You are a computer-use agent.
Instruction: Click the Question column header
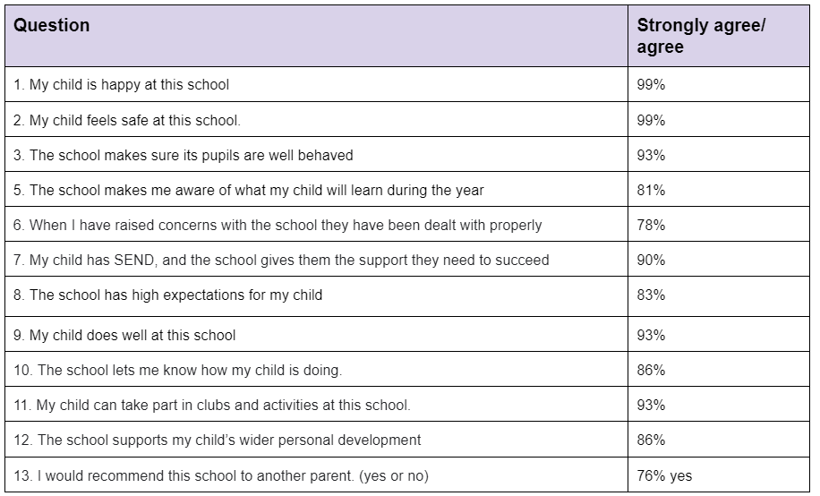[51, 25]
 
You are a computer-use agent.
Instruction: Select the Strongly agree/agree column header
[701, 36]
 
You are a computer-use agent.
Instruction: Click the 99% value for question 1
[651, 85]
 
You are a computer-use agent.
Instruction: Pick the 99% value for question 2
[651, 120]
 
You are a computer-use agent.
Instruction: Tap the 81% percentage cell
[651, 190]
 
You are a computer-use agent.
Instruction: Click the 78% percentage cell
[651, 225]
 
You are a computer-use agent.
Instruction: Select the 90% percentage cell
[651, 260]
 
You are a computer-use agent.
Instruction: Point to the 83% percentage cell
[651, 295]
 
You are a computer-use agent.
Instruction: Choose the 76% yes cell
[664, 475]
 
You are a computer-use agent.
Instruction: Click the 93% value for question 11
[651, 405]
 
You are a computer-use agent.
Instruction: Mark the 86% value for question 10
[651, 370]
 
